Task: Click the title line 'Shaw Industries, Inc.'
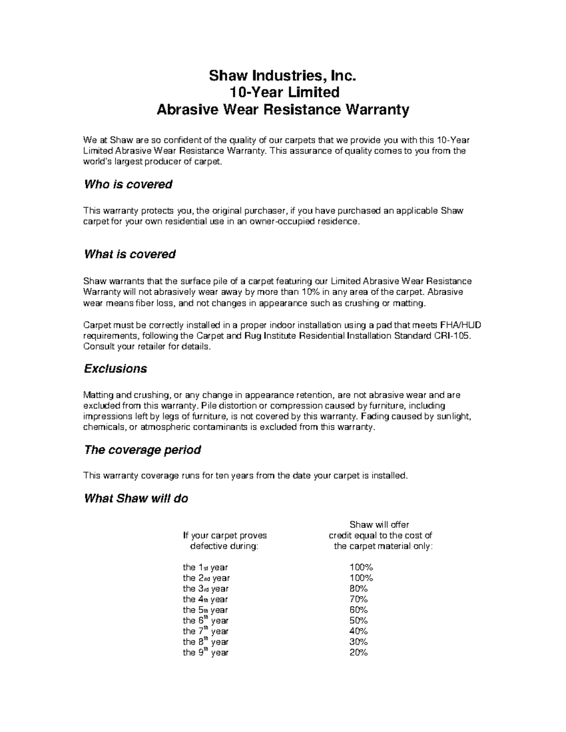(x=282, y=75)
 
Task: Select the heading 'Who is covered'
(x=128, y=184)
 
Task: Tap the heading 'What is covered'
(x=130, y=255)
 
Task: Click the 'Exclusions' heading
(x=116, y=369)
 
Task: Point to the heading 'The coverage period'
(x=142, y=450)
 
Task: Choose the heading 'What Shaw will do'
(x=136, y=499)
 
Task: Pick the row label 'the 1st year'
(x=205, y=568)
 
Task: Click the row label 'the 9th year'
(x=205, y=653)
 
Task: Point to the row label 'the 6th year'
(x=205, y=621)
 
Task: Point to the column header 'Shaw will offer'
(x=379, y=525)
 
